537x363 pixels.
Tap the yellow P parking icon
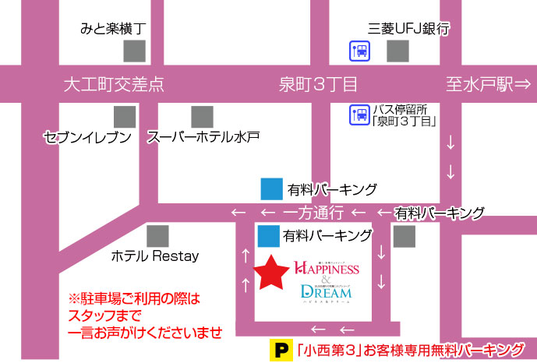coord(277,349)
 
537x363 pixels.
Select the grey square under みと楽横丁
coord(135,51)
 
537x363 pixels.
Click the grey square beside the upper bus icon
coord(398,51)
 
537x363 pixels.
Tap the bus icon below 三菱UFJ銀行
coord(359,51)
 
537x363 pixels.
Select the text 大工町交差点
coord(114,83)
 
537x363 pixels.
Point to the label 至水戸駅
coord(479,83)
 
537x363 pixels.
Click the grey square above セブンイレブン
coord(125,117)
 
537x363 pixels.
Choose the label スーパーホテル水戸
coord(203,138)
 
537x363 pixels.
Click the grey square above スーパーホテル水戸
coord(202,117)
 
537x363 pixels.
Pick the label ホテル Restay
coord(155,256)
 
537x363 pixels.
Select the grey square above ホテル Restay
coord(158,234)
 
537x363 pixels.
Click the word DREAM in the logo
coord(326,293)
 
